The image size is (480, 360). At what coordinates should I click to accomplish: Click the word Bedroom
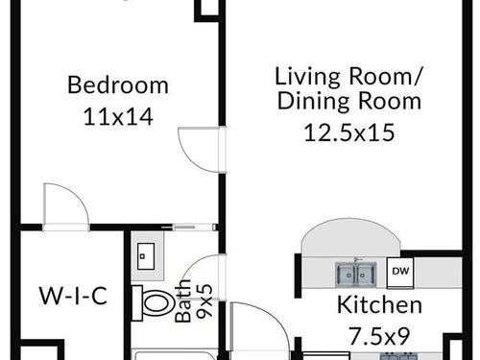point(118,84)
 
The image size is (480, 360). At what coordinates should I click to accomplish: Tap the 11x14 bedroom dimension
point(118,116)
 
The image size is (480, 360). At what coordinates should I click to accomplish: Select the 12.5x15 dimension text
point(349,132)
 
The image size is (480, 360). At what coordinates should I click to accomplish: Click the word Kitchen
point(379,304)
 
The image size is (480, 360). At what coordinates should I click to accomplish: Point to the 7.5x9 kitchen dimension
point(379,336)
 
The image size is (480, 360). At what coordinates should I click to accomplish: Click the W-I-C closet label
point(73,296)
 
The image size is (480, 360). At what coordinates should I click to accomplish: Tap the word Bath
point(183,300)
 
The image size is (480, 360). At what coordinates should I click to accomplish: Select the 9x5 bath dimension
point(204,300)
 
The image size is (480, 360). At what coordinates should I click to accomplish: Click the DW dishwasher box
point(400,272)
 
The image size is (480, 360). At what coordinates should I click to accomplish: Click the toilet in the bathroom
point(152,303)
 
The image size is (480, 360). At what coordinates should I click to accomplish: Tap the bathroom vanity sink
point(146,256)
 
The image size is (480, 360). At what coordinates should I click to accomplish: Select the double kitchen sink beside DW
point(355,275)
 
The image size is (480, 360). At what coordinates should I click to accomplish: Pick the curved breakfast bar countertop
point(350,237)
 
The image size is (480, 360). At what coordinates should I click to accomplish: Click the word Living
point(307,76)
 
